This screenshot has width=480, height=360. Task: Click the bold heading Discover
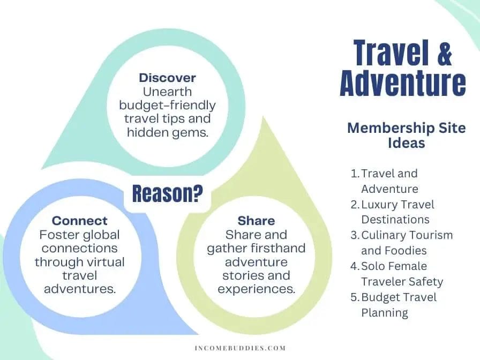click(167, 78)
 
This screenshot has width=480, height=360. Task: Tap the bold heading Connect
click(80, 221)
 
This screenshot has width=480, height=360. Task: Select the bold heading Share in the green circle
click(256, 221)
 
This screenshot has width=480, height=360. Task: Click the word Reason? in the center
click(168, 193)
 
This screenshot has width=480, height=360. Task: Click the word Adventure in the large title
click(403, 82)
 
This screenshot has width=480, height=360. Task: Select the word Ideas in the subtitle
click(407, 143)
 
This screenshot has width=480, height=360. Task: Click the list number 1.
click(355, 174)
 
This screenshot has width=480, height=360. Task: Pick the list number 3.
click(355, 235)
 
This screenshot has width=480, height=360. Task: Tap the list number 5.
click(355, 297)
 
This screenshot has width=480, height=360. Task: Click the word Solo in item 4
click(371, 266)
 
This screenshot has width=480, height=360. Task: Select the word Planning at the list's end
click(385, 313)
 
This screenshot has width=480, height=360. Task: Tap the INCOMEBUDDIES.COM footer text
click(240, 348)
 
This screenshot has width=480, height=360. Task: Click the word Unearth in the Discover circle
click(167, 92)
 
